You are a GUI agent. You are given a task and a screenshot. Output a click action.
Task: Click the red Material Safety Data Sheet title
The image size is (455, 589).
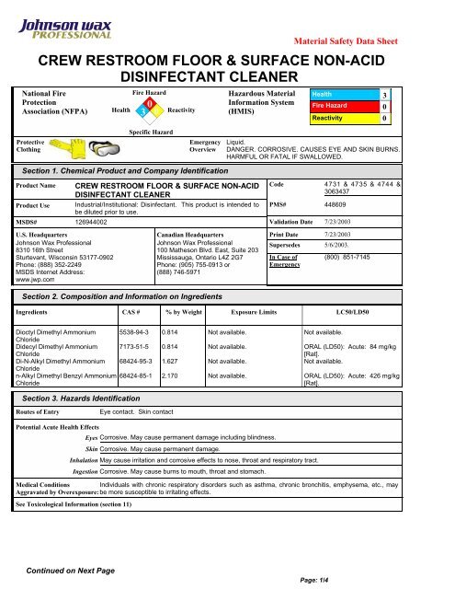376,41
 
